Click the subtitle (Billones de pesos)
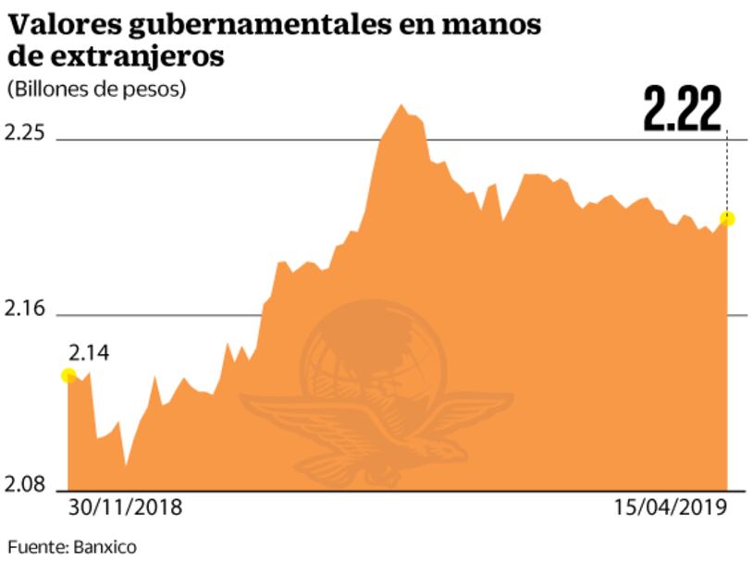[96, 90]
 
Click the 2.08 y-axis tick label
[25, 484]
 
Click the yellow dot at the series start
[68, 374]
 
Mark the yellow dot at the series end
[727, 218]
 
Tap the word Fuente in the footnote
[35, 547]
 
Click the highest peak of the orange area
[401, 106]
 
